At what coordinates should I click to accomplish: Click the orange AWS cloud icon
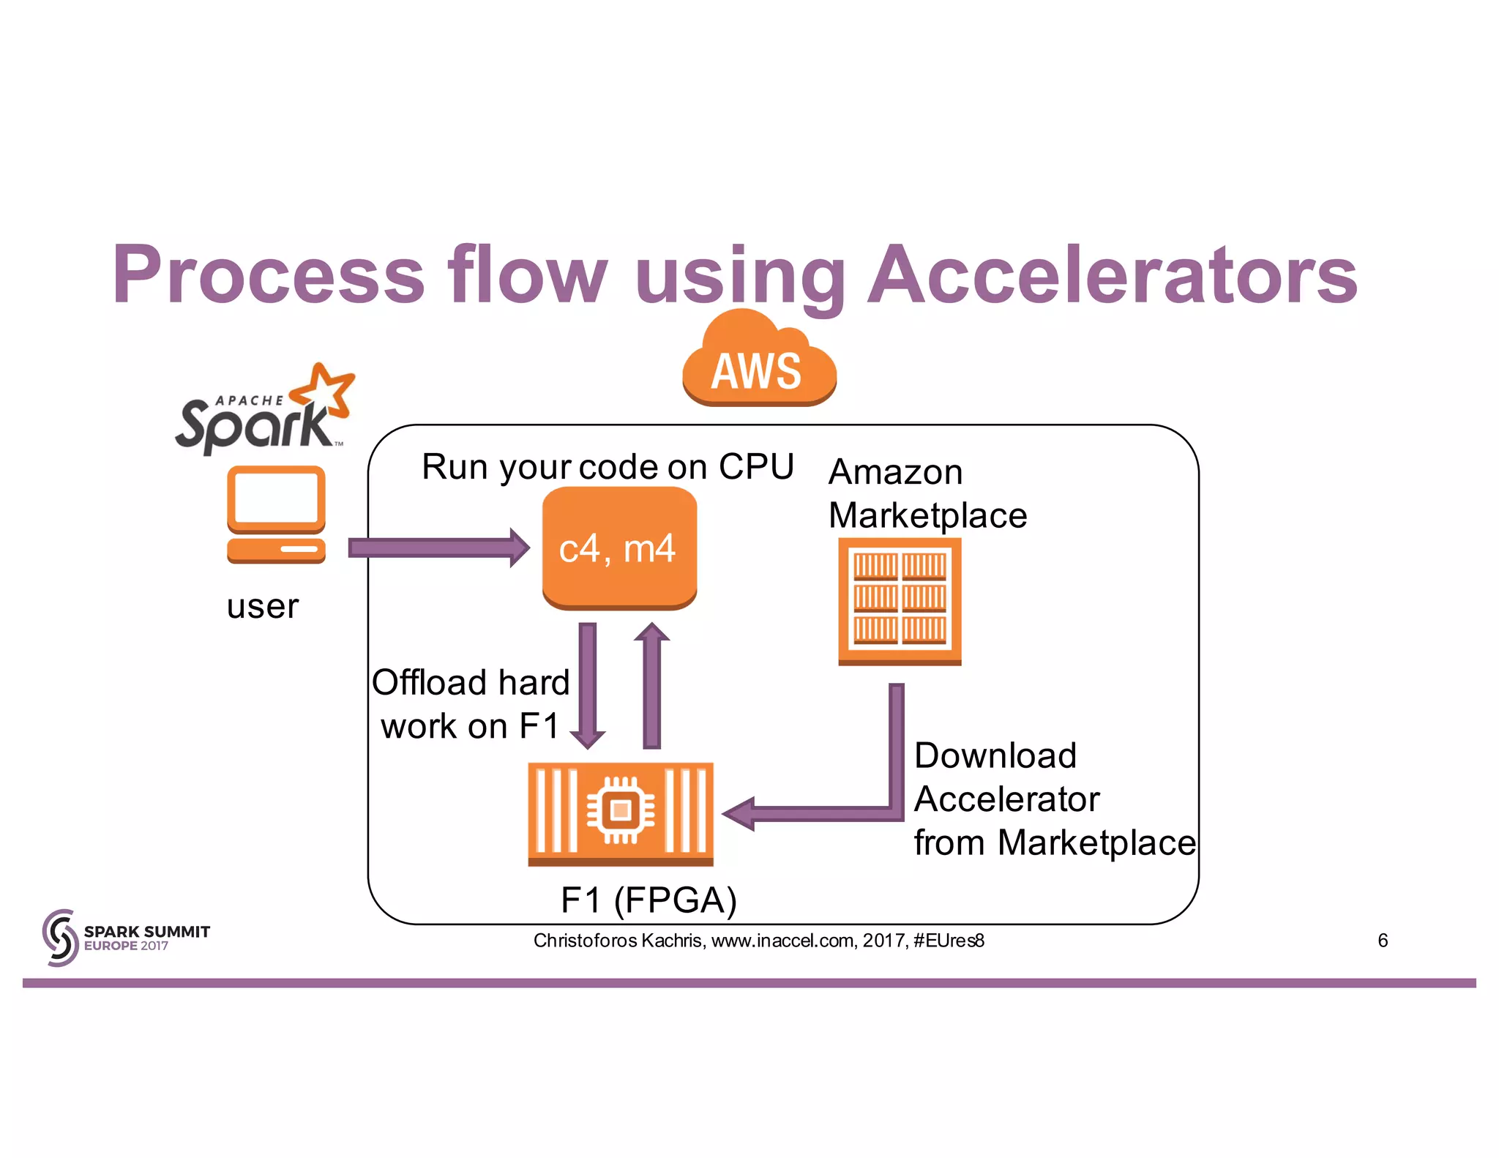[x=759, y=362]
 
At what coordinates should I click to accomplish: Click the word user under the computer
[x=263, y=606]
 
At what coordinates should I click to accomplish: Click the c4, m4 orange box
[x=618, y=548]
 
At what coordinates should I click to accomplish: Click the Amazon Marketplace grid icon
[x=900, y=600]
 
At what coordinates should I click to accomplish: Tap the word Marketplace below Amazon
[x=927, y=515]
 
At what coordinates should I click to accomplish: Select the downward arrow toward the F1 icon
[x=587, y=684]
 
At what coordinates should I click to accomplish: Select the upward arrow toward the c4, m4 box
[x=651, y=684]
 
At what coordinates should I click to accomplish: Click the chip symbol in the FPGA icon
[x=621, y=810]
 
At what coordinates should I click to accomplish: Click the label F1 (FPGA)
[x=648, y=900]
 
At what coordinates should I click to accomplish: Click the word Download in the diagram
[x=995, y=755]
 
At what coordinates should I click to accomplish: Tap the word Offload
[x=419, y=682]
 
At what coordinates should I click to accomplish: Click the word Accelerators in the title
[x=1112, y=274]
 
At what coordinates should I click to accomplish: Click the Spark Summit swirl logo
[x=60, y=938]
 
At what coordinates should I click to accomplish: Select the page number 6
[x=1382, y=940]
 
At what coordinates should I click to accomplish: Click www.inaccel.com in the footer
[x=781, y=940]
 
